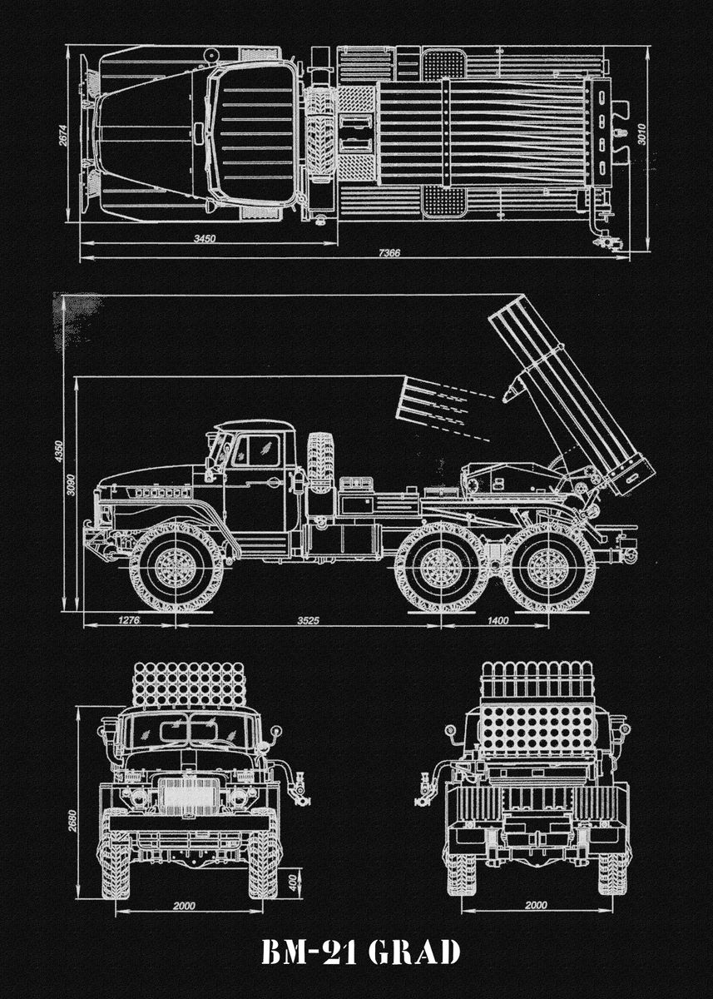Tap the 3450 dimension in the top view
(x=205, y=239)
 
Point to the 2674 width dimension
(x=64, y=137)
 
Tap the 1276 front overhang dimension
(x=129, y=620)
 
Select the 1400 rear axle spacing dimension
(x=498, y=620)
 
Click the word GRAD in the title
(x=413, y=952)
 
